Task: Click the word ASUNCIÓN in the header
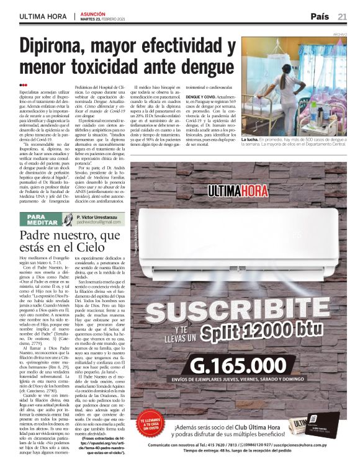point(91,12)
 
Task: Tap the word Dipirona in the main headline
point(60,48)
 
